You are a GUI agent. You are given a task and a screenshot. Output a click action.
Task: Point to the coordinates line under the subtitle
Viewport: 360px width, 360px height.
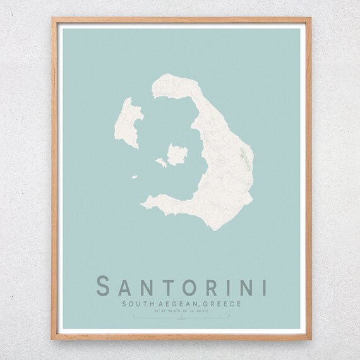tap(180, 311)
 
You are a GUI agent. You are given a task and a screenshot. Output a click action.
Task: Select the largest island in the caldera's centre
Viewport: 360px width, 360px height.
tap(177, 153)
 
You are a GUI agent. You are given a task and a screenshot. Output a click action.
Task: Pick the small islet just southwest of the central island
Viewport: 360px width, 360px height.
tap(161, 162)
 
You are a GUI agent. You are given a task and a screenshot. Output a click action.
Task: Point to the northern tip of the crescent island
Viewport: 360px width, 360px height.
tap(165, 79)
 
